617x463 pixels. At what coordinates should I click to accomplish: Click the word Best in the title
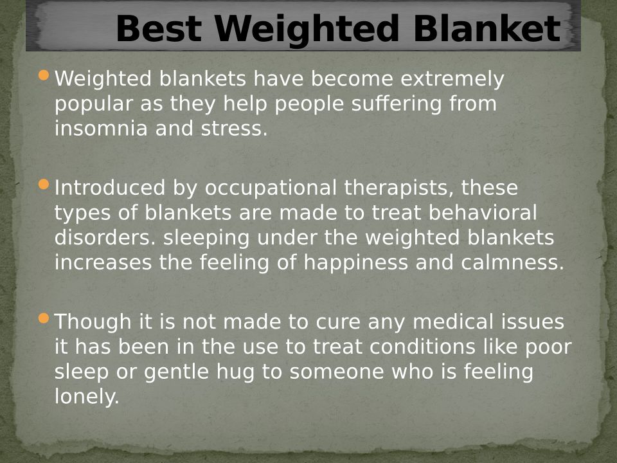(x=159, y=28)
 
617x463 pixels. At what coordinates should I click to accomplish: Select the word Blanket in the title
(x=487, y=28)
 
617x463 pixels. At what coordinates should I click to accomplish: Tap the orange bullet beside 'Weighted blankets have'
(x=44, y=75)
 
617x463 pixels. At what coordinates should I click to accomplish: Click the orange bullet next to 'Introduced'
(x=44, y=184)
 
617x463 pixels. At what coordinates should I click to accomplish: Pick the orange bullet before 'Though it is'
(x=44, y=318)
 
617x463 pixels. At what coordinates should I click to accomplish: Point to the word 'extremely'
(x=452, y=78)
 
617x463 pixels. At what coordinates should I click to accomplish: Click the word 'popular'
(x=93, y=104)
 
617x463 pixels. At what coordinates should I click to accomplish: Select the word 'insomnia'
(x=101, y=129)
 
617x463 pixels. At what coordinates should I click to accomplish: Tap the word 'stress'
(x=234, y=129)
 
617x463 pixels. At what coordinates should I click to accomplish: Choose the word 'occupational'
(x=271, y=188)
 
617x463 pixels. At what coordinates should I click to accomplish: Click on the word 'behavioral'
(x=483, y=213)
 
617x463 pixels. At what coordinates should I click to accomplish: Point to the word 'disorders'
(x=105, y=238)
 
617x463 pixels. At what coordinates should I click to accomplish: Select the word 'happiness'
(x=355, y=263)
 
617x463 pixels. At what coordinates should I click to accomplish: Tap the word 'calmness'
(x=512, y=262)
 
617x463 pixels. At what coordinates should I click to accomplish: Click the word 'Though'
(x=93, y=322)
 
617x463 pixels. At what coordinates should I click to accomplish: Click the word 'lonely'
(x=87, y=397)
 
